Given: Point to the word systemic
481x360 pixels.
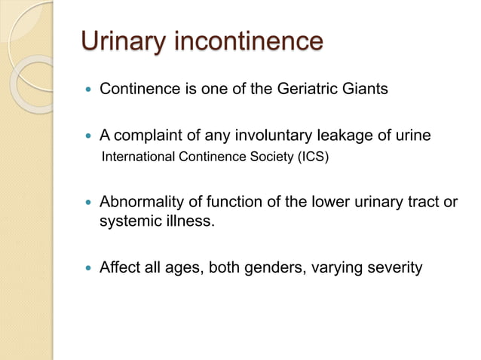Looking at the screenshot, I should coord(127,222).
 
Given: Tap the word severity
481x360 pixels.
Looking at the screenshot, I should coord(394,268).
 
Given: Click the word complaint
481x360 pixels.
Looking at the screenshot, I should coord(152,136).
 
